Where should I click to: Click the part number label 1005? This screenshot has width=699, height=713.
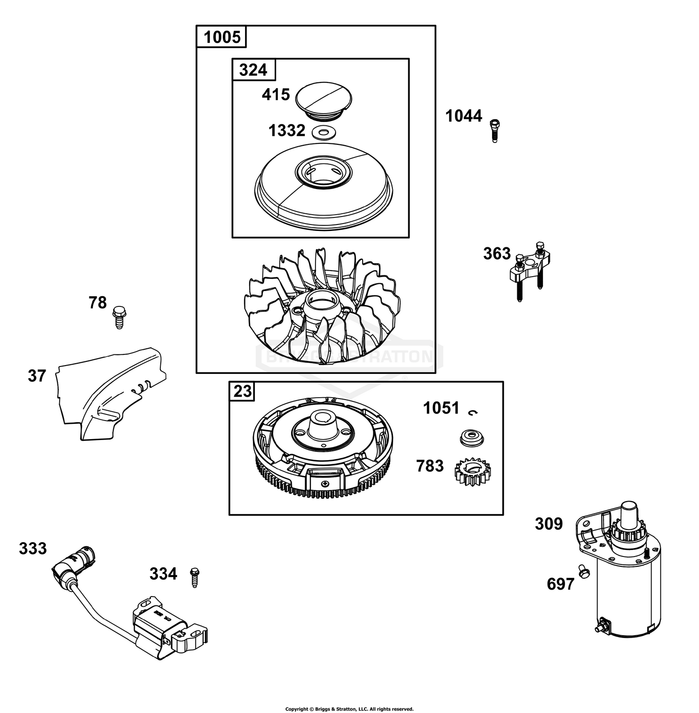pos(222,37)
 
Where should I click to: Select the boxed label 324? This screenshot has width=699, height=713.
pos(253,70)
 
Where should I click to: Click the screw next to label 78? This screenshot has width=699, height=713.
pos(119,317)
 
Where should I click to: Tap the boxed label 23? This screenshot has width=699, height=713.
pos(242,391)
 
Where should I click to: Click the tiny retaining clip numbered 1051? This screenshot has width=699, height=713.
pos(473,411)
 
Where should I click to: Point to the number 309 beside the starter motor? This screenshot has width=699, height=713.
pos(548,524)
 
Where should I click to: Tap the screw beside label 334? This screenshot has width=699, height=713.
pos(194,577)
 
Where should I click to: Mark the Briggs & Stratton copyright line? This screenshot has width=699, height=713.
pos(349,709)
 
